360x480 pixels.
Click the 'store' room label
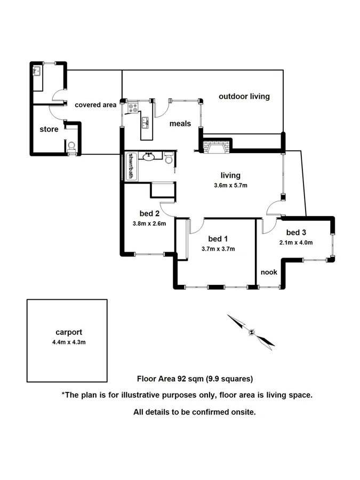pyautogui.click(x=49, y=129)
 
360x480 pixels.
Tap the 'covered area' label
pyautogui.click(x=95, y=105)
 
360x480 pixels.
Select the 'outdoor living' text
pyautogui.click(x=244, y=97)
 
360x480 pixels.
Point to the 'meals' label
pyautogui.click(x=180, y=124)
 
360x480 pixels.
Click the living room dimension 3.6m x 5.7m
pyautogui.click(x=230, y=186)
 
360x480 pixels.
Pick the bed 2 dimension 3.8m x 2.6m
pyautogui.click(x=149, y=224)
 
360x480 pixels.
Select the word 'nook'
pyautogui.click(x=269, y=272)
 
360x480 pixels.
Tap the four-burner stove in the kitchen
pyautogui.click(x=132, y=108)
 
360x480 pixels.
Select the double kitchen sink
pyautogui.click(x=144, y=122)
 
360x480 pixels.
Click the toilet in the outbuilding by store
pyautogui.click(x=71, y=147)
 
